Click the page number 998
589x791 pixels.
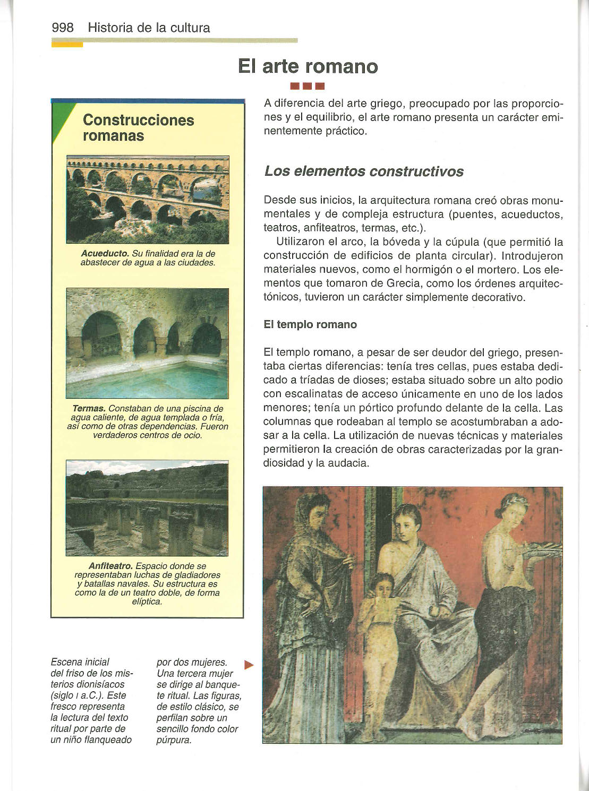point(63,28)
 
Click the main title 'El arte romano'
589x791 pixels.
point(308,66)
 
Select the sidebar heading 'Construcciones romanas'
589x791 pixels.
point(138,127)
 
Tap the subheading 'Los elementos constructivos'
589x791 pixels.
point(364,171)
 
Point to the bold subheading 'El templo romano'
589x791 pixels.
point(310,324)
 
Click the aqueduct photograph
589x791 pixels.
point(148,200)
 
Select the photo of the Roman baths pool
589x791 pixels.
point(148,343)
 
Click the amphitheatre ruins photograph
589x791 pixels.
point(148,508)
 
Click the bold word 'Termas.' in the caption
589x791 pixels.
point(89,409)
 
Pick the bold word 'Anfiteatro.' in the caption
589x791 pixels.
point(110,566)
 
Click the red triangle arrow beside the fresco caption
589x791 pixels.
point(249,665)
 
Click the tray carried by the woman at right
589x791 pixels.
point(542,549)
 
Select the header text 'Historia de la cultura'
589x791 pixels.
point(149,28)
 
